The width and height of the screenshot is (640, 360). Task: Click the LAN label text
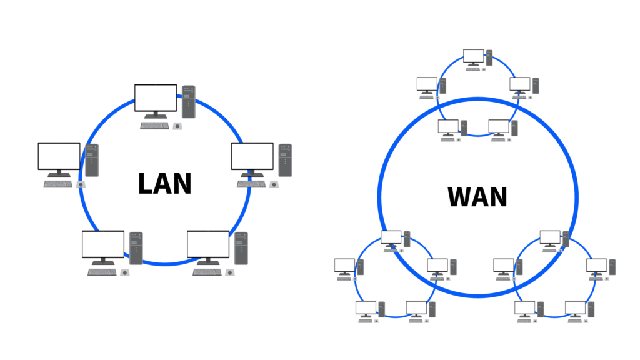point(164,184)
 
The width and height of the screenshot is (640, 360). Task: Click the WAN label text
point(477,197)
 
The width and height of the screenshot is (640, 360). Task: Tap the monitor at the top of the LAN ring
point(156,99)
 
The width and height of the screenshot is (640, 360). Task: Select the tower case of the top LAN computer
point(188,102)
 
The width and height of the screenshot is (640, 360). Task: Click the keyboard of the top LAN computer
point(154,126)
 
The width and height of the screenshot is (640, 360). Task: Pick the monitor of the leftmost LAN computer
point(59,157)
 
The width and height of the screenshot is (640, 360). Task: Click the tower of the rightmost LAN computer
point(285,159)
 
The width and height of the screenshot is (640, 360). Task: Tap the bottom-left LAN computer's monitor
point(103,245)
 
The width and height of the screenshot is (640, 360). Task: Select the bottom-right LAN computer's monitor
point(208,245)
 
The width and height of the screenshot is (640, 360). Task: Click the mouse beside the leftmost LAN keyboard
point(81,184)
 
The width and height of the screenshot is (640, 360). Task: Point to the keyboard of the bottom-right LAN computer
point(207,272)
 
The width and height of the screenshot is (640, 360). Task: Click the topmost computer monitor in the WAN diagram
point(473,56)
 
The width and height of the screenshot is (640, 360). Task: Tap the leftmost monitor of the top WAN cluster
point(427,84)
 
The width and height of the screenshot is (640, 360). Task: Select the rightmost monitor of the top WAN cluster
point(520,84)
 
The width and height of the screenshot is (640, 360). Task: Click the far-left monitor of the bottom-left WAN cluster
point(344,265)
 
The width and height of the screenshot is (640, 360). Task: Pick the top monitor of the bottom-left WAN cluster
point(391,237)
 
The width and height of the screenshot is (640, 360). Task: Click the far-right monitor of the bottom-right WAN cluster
point(596,265)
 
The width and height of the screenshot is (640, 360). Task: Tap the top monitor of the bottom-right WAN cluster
point(550,237)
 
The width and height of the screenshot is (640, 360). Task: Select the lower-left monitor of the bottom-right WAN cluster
point(525,307)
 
